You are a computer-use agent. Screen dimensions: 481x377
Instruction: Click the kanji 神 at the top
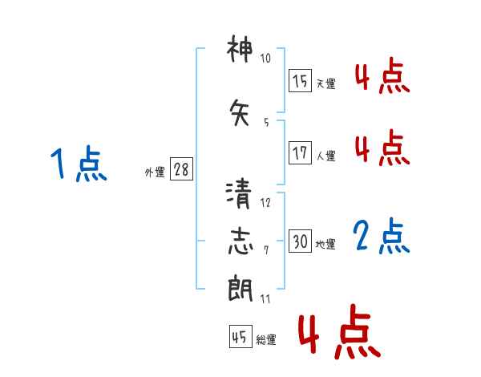coord(240,48)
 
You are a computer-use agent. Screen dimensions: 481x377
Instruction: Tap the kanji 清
coord(239,194)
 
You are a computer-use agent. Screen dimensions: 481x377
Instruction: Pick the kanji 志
coord(240,241)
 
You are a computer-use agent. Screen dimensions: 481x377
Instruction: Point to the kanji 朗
coord(240,289)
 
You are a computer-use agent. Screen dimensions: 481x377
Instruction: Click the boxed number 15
coord(300,80)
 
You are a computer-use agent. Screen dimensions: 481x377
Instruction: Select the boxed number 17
coord(300,152)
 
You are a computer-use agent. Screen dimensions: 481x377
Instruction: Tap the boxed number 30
coord(300,241)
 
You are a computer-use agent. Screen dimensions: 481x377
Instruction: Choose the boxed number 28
coord(181,169)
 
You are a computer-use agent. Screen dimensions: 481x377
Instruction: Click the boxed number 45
coord(240,336)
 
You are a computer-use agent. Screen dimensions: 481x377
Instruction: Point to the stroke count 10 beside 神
coord(265,58)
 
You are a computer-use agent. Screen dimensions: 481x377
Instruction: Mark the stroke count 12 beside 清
coord(265,203)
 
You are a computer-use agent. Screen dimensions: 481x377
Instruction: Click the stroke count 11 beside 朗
coord(265,299)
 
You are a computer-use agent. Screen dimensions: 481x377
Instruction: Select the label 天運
coord(326,83)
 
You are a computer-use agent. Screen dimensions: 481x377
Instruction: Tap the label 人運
coord(326,156)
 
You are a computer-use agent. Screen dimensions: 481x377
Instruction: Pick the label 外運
coord(155,172)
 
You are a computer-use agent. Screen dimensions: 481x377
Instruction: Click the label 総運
coord(266,340)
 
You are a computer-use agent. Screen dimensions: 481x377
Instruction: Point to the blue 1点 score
coord(79,163)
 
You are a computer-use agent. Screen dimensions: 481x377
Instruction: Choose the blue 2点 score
coord(382,236)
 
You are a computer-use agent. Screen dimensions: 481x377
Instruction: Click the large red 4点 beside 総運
coord(340,331)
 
